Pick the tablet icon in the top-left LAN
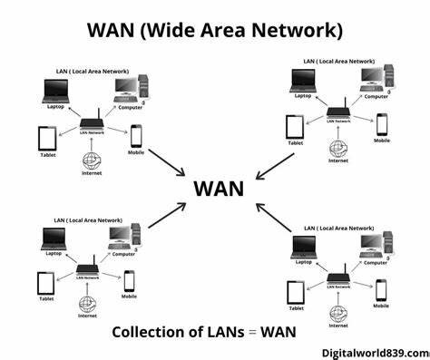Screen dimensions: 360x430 47,137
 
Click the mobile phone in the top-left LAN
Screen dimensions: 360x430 137,135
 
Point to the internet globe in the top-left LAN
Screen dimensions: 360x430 92,160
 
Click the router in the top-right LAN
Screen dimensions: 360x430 339,116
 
